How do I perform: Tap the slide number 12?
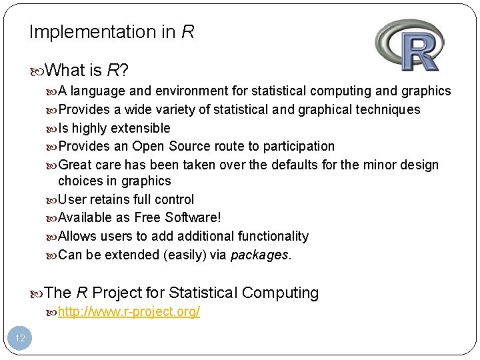[x=20, y=338]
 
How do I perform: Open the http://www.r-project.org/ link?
[x=129, y=311]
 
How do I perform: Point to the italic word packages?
[x=260, y=255]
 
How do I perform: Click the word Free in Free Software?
[x=147, y=218]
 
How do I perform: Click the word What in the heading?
[x=69, y=70]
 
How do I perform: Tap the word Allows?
[x=77, y=236]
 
